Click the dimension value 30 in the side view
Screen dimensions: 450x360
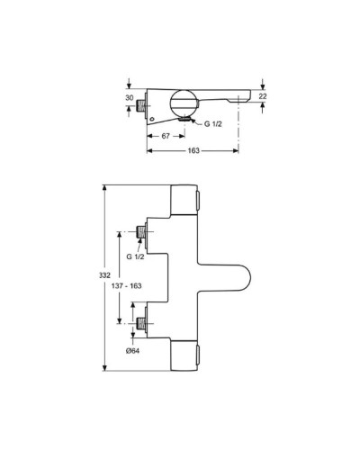[129, 99]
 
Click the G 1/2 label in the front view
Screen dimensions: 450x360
[134, 256]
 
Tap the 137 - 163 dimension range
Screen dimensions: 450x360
[125, 285]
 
